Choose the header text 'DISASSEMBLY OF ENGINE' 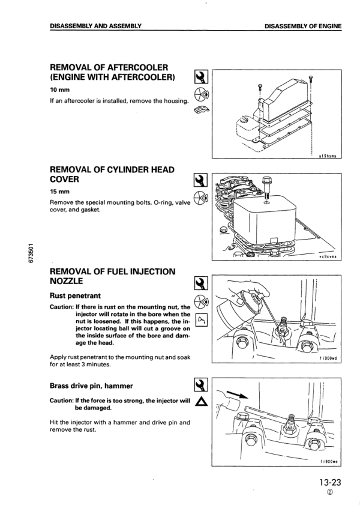302,26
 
